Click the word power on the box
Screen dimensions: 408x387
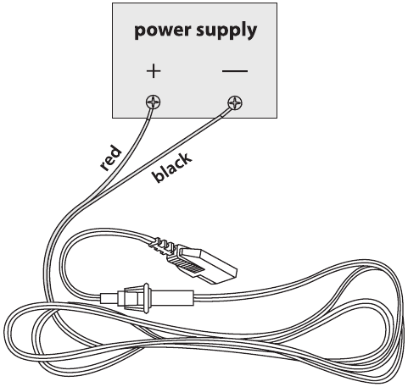point(163,30)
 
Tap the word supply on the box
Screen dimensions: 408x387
point(226,30)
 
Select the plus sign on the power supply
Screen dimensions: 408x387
point(154,71)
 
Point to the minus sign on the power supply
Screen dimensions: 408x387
point(235,71)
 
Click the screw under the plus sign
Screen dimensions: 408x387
point(154,102)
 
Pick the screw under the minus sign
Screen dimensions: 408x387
point(235,102)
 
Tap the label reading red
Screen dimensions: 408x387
point(111,158)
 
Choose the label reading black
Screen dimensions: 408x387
point(172,168)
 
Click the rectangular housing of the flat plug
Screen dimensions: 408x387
point(208,265)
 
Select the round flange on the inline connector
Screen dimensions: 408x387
point(146,298)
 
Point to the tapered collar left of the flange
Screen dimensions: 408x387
point(133,298)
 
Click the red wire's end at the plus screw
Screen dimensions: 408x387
point(153,108)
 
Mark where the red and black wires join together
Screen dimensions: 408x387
point(91,197)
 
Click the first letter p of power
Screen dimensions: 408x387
point(140,32)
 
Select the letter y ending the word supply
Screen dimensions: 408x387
point(251,33)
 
